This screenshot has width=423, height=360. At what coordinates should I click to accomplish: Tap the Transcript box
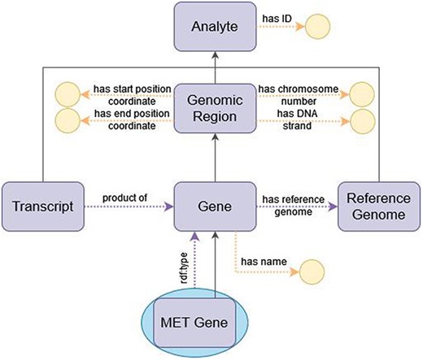pos(37,205)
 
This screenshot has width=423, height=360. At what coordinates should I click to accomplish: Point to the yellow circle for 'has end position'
pos(65,122)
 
